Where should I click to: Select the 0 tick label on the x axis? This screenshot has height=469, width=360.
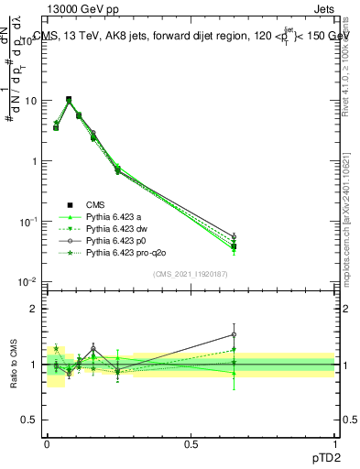pos(46,442)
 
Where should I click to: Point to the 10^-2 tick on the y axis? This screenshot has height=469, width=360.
pos(28,281)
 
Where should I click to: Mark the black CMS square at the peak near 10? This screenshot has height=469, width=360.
pos(69,99)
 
